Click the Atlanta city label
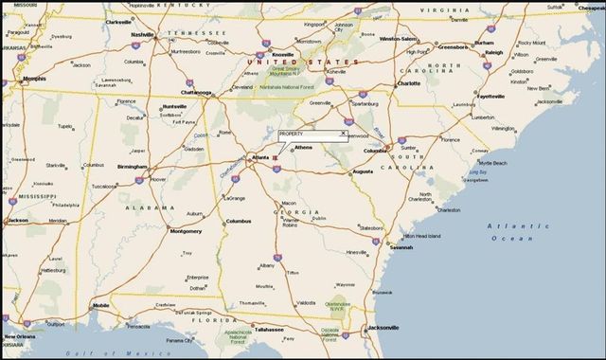click(x=259, y=157)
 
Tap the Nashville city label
click(x=143, y=35)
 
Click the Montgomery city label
click(x=185, y=231)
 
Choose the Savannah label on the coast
click(x=400, y=248)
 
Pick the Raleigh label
click(x=493, y=53)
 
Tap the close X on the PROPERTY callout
click(x=343, y=135)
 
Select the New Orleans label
click(x=22, y=336)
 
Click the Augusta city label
click(x=363, y=172)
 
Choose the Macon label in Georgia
click(x=289, y=203)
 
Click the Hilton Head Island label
click(x=422, y=235)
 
